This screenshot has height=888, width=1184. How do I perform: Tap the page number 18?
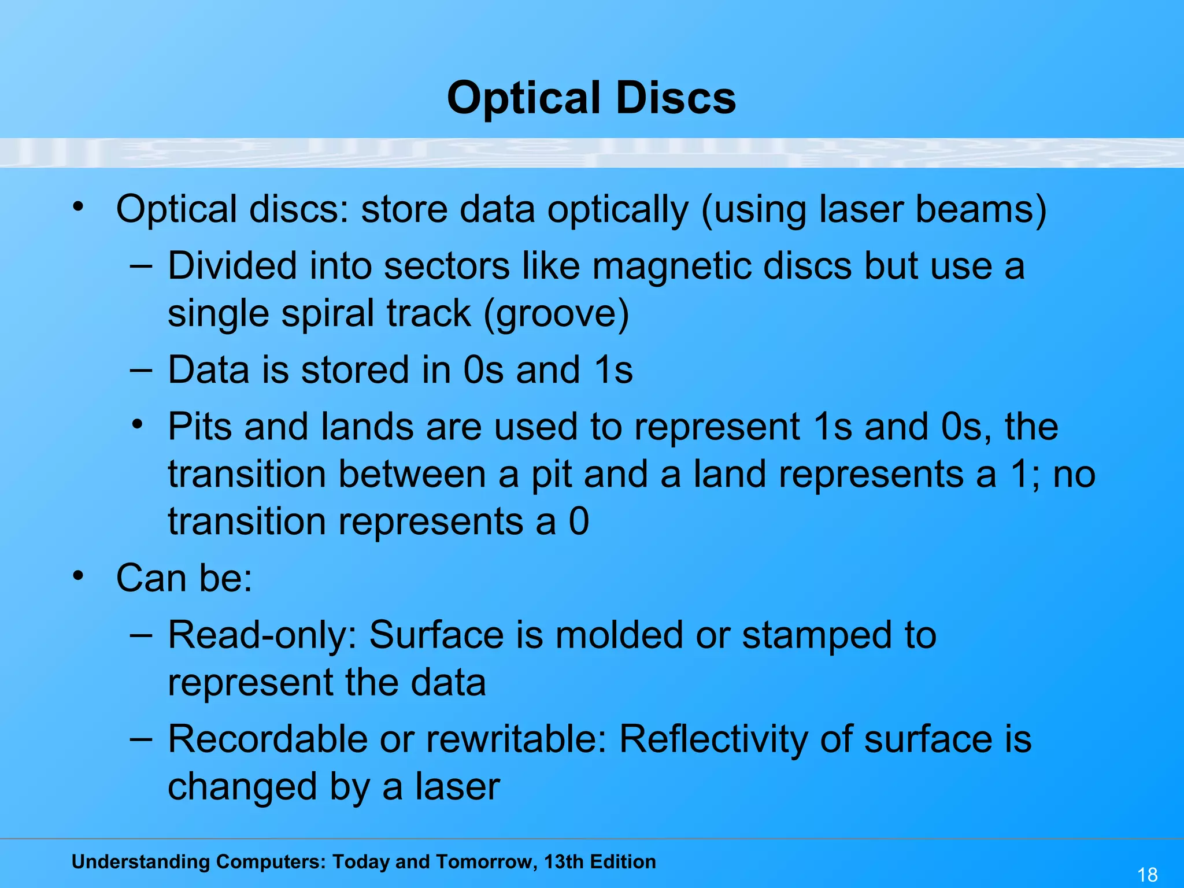click(1147, 874)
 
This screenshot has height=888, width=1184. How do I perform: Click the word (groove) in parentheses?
click(556, 314)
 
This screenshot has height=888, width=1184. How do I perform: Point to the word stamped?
click(817, 635)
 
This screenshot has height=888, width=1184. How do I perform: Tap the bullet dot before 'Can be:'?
click(78, 576)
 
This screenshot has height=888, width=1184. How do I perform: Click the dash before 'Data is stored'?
click(141, 369)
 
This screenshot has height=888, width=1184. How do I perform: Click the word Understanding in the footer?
click(140, 862)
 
